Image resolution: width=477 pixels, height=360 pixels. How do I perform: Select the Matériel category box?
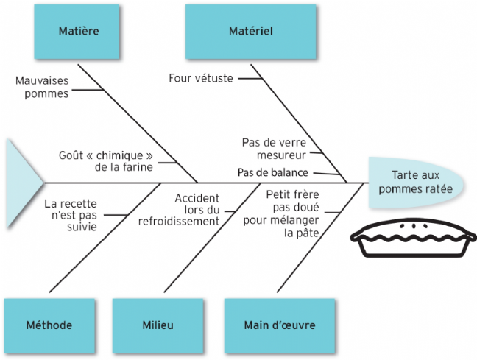(251, 32)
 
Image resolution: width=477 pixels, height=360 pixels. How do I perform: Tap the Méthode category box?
(49, 325)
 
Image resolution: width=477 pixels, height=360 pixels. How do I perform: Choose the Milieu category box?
(158, 325)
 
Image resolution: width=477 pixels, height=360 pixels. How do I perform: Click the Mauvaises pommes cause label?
(43, 87)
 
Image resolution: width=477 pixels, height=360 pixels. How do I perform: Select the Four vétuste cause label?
(201, 77)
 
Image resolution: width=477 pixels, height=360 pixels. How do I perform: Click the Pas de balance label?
(272, 173)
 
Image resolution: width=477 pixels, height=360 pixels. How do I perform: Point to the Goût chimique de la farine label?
(106, 161)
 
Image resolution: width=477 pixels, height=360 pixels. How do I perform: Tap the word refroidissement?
(180, 221)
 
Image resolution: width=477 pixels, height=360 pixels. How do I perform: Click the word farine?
(138, 167)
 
